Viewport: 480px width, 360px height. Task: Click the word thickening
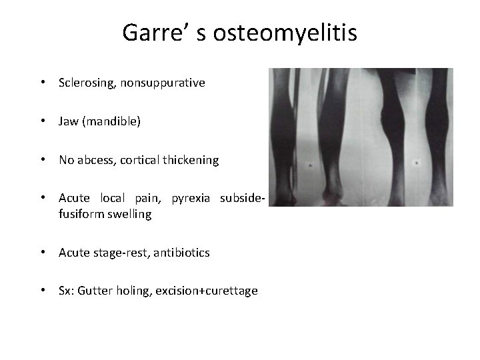[x=191, y=160]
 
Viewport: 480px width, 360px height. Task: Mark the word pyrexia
[x=192, y=198]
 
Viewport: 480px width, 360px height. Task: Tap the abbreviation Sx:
[x=67, y=291]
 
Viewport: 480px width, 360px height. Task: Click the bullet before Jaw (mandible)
[x=43, y=122]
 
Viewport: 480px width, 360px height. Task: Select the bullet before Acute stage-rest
[x=43, y=253]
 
